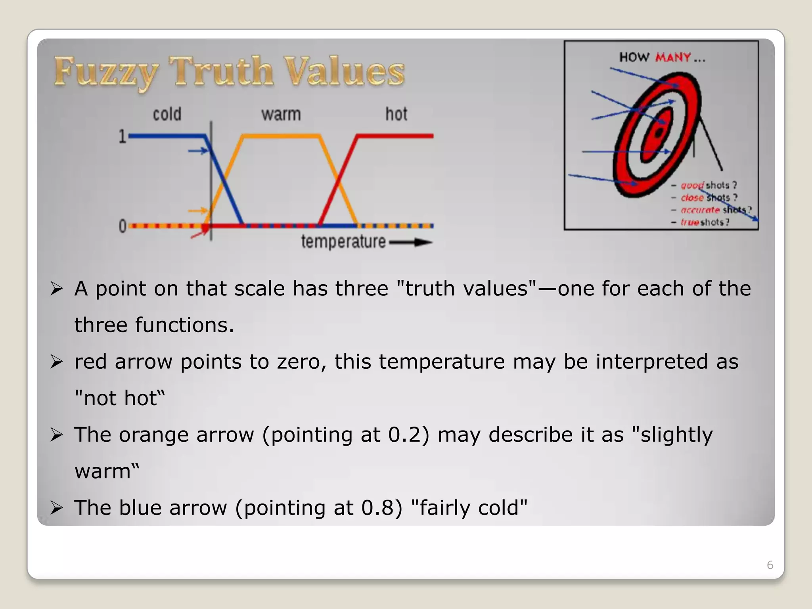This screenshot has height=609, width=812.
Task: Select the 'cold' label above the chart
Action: point(167,114)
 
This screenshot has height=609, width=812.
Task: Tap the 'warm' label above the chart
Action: point(281,114)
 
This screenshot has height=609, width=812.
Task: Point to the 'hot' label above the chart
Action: point(396,114)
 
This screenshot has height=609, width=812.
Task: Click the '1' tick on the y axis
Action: point(122,137)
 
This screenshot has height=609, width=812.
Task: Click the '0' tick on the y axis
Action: point(122,226)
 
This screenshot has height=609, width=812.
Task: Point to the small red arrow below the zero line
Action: point(199,234)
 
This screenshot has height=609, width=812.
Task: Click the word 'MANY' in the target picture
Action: point(673,57)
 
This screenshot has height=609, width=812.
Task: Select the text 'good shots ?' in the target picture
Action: point(709,185)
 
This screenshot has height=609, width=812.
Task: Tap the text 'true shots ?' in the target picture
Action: point(705,222)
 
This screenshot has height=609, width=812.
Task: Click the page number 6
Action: point(770,565)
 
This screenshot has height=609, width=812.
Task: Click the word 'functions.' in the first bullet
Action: point(184,325)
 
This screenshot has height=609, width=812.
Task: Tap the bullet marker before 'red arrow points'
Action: point(56,362)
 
